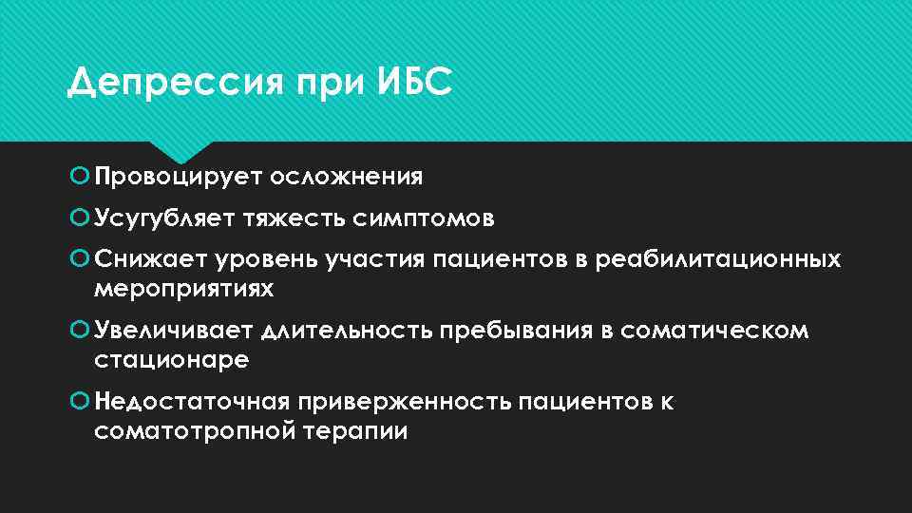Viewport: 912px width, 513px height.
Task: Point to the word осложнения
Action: pyautogui.click(x=346, y=177)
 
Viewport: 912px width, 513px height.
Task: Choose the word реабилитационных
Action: pyautogui.click(x=718, y=258)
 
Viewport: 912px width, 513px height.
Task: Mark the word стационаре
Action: pyautogui.click(x=172, y=359)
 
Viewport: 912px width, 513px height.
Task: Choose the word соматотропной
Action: pyautogui.click(x=194, y=430)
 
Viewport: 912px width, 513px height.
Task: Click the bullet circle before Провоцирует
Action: pyautogui.click(x=80, y=177)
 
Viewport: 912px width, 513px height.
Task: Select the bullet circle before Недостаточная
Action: pyautogui.click(x=80, y=402)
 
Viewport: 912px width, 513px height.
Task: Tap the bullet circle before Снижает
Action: pyautogui.click(x=80, y=258)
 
